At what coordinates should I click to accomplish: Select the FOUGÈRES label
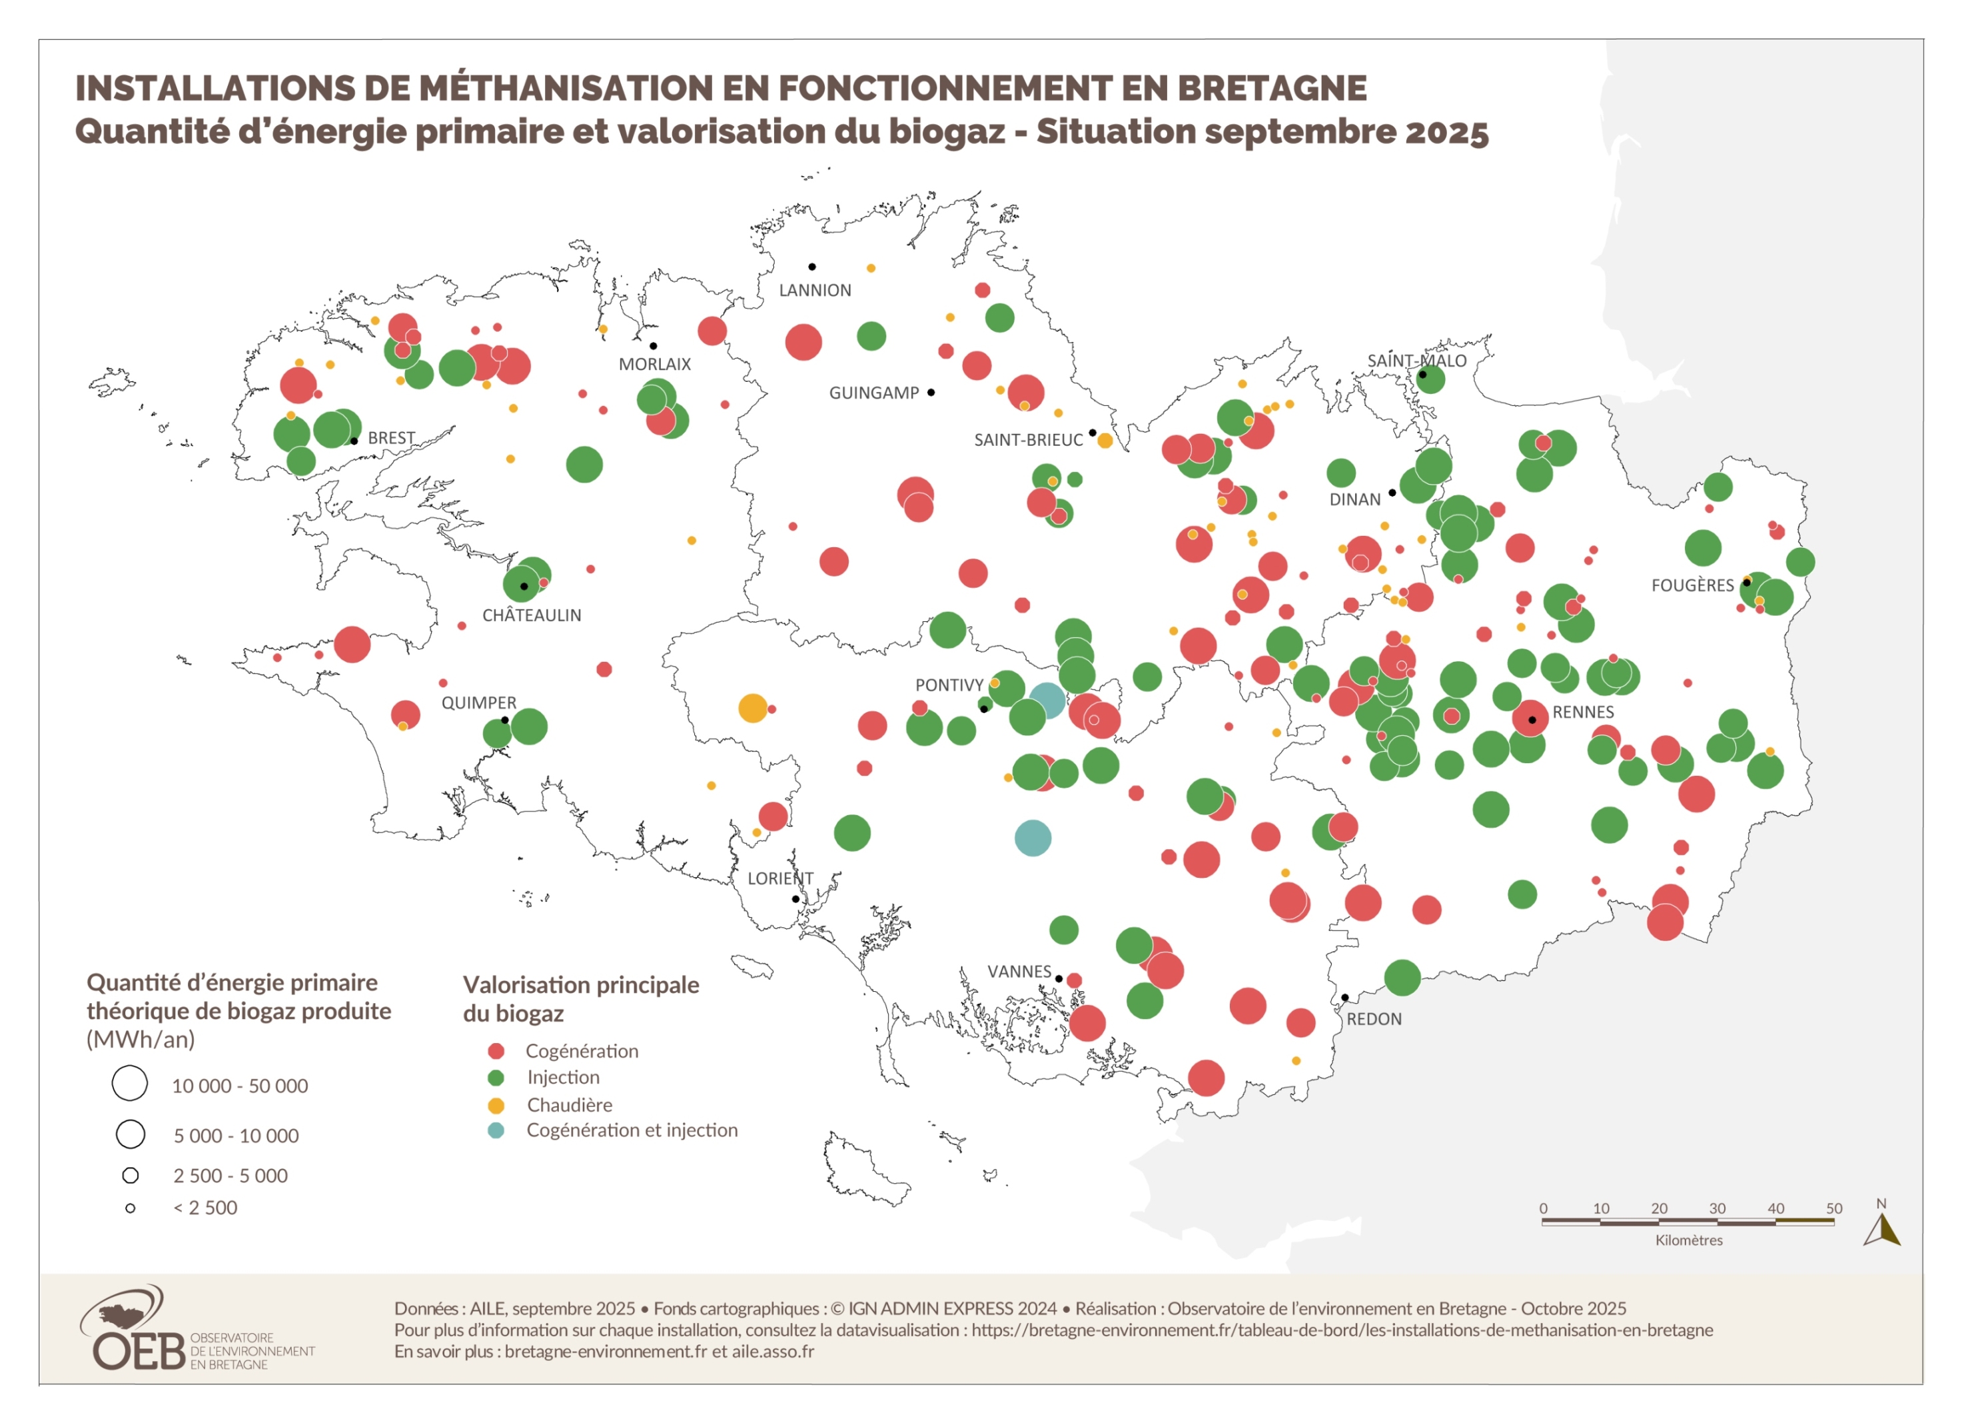pyautogui.click(x=1692, y=587)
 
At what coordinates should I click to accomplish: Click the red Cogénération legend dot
pyautogui.click(x=496, y=1052)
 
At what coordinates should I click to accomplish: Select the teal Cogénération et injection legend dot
pyautogui.click(x=496, y=1130)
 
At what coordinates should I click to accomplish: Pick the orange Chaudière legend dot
pyautogui.click(x=496, y=1105)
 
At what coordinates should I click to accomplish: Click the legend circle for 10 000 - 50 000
pyautogui.click(x=130, y=1084)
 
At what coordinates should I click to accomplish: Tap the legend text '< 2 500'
pyautogui.click(x=205, y=1208)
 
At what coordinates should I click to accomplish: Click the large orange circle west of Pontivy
pyautogui.click(x=753, y=709)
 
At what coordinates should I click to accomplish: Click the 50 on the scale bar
pyautogui.click(x=1833, y=1208)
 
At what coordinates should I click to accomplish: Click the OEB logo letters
pyautogui.click(x=139, y=1352)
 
